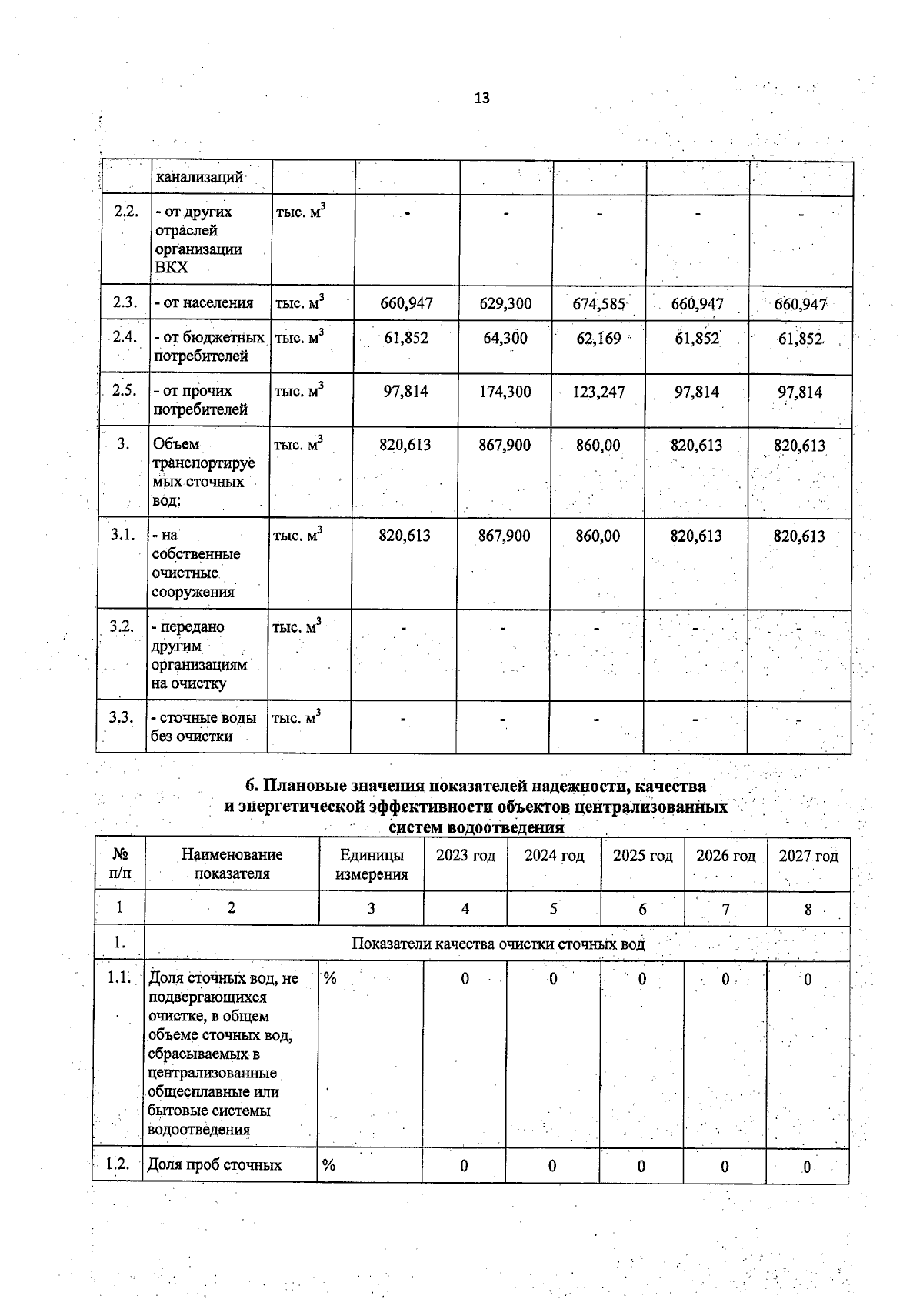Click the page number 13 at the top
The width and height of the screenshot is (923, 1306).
point(481,98)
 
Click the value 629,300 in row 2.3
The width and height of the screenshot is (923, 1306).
point(505,303)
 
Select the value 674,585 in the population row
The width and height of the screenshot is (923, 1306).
point(598,303)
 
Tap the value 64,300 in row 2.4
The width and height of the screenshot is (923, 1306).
point(505,338)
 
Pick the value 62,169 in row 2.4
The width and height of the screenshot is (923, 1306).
point(598,338)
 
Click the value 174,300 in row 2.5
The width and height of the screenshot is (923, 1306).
point(505,392)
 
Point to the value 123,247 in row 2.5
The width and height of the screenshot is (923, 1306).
point(598,392)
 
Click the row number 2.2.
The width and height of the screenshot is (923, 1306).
point(125,212)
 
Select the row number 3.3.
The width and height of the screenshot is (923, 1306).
point(121,717)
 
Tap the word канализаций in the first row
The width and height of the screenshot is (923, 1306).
point(199,177)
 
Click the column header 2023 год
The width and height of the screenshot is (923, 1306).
point(465,856)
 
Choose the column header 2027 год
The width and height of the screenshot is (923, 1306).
point(808,856)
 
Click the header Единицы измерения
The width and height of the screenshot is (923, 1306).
point(372,864)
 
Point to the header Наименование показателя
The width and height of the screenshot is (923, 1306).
point(232,864)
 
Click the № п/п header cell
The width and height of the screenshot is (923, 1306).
point(120,864)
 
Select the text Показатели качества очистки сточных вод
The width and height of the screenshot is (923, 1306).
point(498,944)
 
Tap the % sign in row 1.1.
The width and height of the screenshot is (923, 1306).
point(329,979)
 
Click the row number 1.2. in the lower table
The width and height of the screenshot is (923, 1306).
point(117,1164)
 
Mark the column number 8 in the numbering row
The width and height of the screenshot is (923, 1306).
point(808,909)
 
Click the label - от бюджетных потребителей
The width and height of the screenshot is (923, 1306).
point(209,346)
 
